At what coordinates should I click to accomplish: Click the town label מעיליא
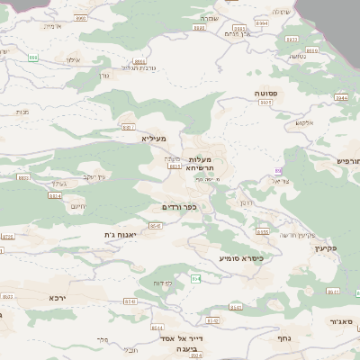click(155, 139)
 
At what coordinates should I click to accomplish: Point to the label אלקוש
click(304, 122)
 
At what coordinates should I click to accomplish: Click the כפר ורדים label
click(178, 207)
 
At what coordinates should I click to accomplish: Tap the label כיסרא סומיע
click(240, 257)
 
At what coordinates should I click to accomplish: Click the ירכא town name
click(59, 297)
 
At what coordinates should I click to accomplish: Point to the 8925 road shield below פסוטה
click(265, 103)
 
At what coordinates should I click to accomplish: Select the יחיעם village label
click(78, 206)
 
